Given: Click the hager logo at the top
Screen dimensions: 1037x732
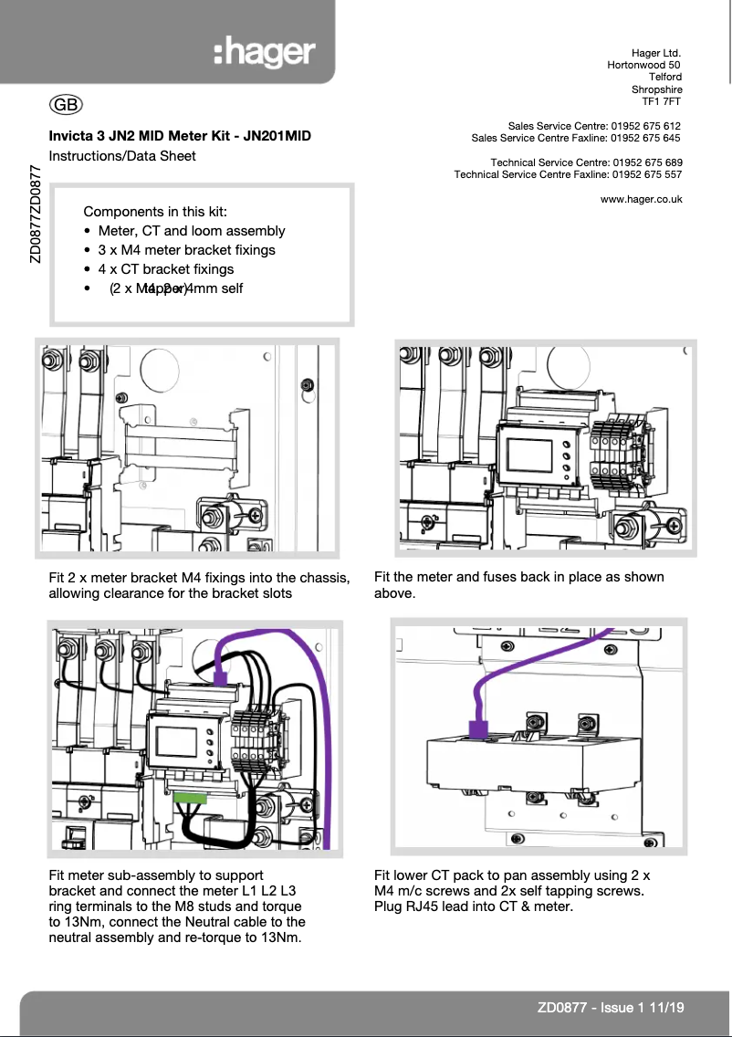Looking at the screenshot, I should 265,54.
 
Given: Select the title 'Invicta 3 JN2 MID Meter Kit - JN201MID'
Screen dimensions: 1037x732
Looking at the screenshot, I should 180,136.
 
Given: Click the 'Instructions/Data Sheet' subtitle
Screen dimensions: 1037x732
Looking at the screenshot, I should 121,156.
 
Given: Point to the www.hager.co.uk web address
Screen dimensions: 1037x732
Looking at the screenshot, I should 641,199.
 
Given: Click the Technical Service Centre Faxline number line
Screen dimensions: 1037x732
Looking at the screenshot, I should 568,174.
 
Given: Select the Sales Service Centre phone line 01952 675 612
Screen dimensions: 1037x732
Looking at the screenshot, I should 594,125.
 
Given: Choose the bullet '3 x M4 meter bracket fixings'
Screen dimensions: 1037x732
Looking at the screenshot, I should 186,250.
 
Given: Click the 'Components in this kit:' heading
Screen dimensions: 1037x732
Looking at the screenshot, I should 154,212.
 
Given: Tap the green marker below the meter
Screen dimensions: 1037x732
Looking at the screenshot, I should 190,797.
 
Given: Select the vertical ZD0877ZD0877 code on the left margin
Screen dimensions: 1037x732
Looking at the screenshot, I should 35,215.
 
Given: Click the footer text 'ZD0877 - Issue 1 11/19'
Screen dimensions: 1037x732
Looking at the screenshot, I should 611,1008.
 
